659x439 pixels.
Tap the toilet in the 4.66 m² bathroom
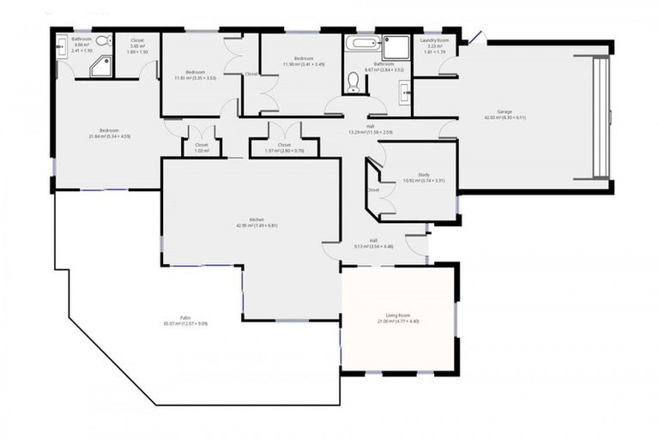tap(101, 41)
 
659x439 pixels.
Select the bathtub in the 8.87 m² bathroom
tap(361, 43)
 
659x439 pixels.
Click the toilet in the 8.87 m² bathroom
tap(353, 81)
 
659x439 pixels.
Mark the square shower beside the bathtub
tap(396, 46)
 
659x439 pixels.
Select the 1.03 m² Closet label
tap(202, 147)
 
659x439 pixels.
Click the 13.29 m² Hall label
tap(370, 129)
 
